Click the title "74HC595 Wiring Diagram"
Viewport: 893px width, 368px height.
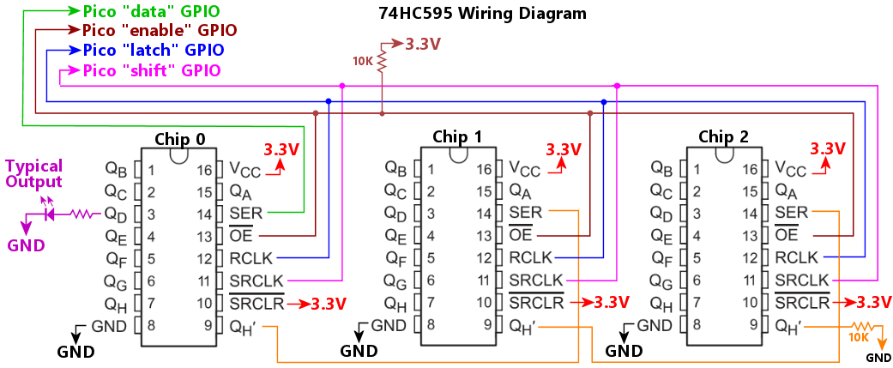(483, 14)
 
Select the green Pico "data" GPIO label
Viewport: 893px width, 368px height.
(151, 11)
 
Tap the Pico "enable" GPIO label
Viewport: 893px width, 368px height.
(160, 30)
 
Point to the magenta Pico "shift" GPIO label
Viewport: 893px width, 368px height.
(152, 69)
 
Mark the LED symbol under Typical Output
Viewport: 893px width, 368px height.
(48, 214)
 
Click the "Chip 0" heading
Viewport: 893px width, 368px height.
(180, 139)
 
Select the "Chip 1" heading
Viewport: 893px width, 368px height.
(456, 136)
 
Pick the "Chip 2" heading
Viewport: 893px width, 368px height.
(723, 136)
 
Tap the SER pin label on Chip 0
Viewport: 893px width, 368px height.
(245, 213)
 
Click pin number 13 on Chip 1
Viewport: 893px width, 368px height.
(485, 236)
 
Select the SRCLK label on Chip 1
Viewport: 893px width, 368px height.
(536, 280)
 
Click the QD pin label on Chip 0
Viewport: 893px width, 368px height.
(116, 214)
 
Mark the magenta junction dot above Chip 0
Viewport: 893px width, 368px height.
(342, 86)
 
